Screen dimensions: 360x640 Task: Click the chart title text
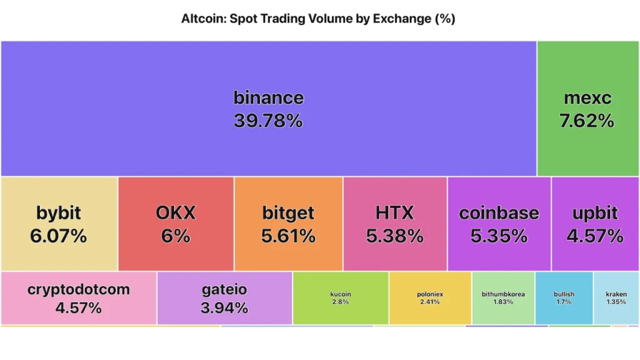point(318,19)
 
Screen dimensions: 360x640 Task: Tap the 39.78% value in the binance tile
point(268,121)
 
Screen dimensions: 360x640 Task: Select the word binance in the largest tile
point(268,97)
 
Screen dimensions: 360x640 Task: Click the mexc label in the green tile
point(587,98)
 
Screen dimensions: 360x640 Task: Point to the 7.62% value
point(587,121)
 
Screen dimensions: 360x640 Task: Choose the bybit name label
point(59,213)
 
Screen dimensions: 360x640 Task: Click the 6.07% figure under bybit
point(59,236)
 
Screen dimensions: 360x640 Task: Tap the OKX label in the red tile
point(176,213)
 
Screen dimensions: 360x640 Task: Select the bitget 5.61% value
point(289,236)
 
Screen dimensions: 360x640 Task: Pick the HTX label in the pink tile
point(394,213)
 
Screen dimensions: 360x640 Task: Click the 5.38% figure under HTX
point(395,236)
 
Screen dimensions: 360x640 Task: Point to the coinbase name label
point(499,213)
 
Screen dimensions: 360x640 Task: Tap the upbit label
point(595,213)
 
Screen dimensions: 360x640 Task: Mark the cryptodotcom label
point(79,289)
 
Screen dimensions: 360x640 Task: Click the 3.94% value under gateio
point(224,308)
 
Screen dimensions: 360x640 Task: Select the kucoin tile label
point(341,294)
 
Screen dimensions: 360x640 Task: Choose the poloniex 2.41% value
point(429,302)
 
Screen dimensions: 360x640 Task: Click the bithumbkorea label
point(503,294)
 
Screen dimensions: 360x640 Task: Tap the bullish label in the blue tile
point(564,294)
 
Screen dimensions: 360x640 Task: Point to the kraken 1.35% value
point(616,302)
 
